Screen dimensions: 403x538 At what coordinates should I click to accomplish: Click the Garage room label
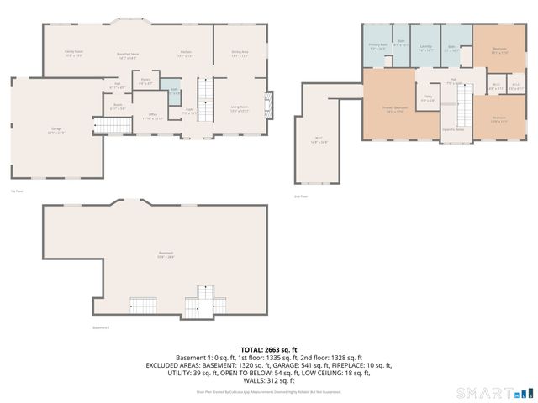point(55,129)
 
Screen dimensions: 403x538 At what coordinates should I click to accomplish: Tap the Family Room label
point(74,53)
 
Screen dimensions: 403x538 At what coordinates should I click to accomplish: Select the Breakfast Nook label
point(128,55)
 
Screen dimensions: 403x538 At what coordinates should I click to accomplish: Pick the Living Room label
point(240,108)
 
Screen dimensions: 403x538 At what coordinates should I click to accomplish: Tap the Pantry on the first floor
point(145,82)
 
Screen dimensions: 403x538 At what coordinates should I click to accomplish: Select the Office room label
point(153,116)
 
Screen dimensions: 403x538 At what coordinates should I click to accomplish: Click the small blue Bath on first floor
point(174,92)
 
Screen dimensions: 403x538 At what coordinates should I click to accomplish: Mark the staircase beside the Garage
point(122,126)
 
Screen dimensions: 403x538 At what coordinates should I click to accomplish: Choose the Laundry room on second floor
point(426,49)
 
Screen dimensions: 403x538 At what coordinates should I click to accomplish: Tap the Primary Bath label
point(377,47)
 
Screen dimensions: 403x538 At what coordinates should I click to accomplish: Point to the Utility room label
point(428,99)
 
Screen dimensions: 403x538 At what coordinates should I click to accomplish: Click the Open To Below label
point(454,130)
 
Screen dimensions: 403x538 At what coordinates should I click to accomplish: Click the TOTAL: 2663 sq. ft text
point(269,349)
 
